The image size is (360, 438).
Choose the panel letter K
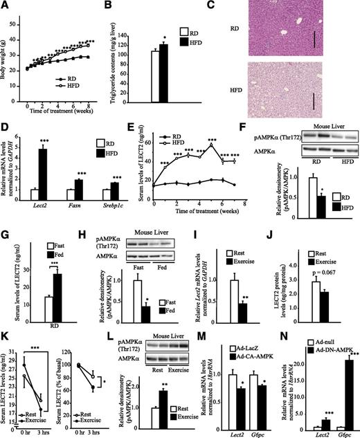point(6,329)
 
